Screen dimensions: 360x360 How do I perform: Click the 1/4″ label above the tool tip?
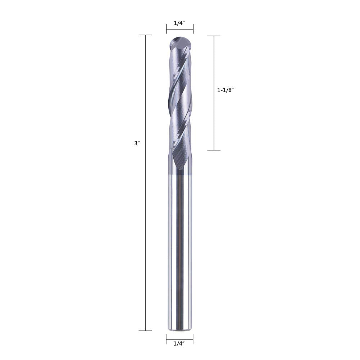coord(179,23)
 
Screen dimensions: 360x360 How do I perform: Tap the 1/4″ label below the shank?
coord(179,343)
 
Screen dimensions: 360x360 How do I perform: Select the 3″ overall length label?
coord(136,143)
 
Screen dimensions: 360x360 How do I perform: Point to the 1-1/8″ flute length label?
coord(226,91)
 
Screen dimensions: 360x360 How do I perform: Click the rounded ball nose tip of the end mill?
coord(180,40)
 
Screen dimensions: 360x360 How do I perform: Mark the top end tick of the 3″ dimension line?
coord(145,35)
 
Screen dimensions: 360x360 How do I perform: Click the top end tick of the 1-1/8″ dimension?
coord(214,36)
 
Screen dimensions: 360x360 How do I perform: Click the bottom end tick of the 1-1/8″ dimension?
coord(214,150)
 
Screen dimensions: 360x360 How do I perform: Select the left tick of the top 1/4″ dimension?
coord(167,29)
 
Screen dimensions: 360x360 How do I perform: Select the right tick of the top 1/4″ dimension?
coord(193,29)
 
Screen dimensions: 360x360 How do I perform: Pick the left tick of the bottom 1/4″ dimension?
coord(166,339)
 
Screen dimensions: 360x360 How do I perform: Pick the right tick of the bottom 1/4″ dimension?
coord(193,339)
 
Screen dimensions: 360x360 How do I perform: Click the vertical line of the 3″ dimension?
coord(145,216)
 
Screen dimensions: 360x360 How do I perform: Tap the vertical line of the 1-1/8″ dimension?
coord(214,119)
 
